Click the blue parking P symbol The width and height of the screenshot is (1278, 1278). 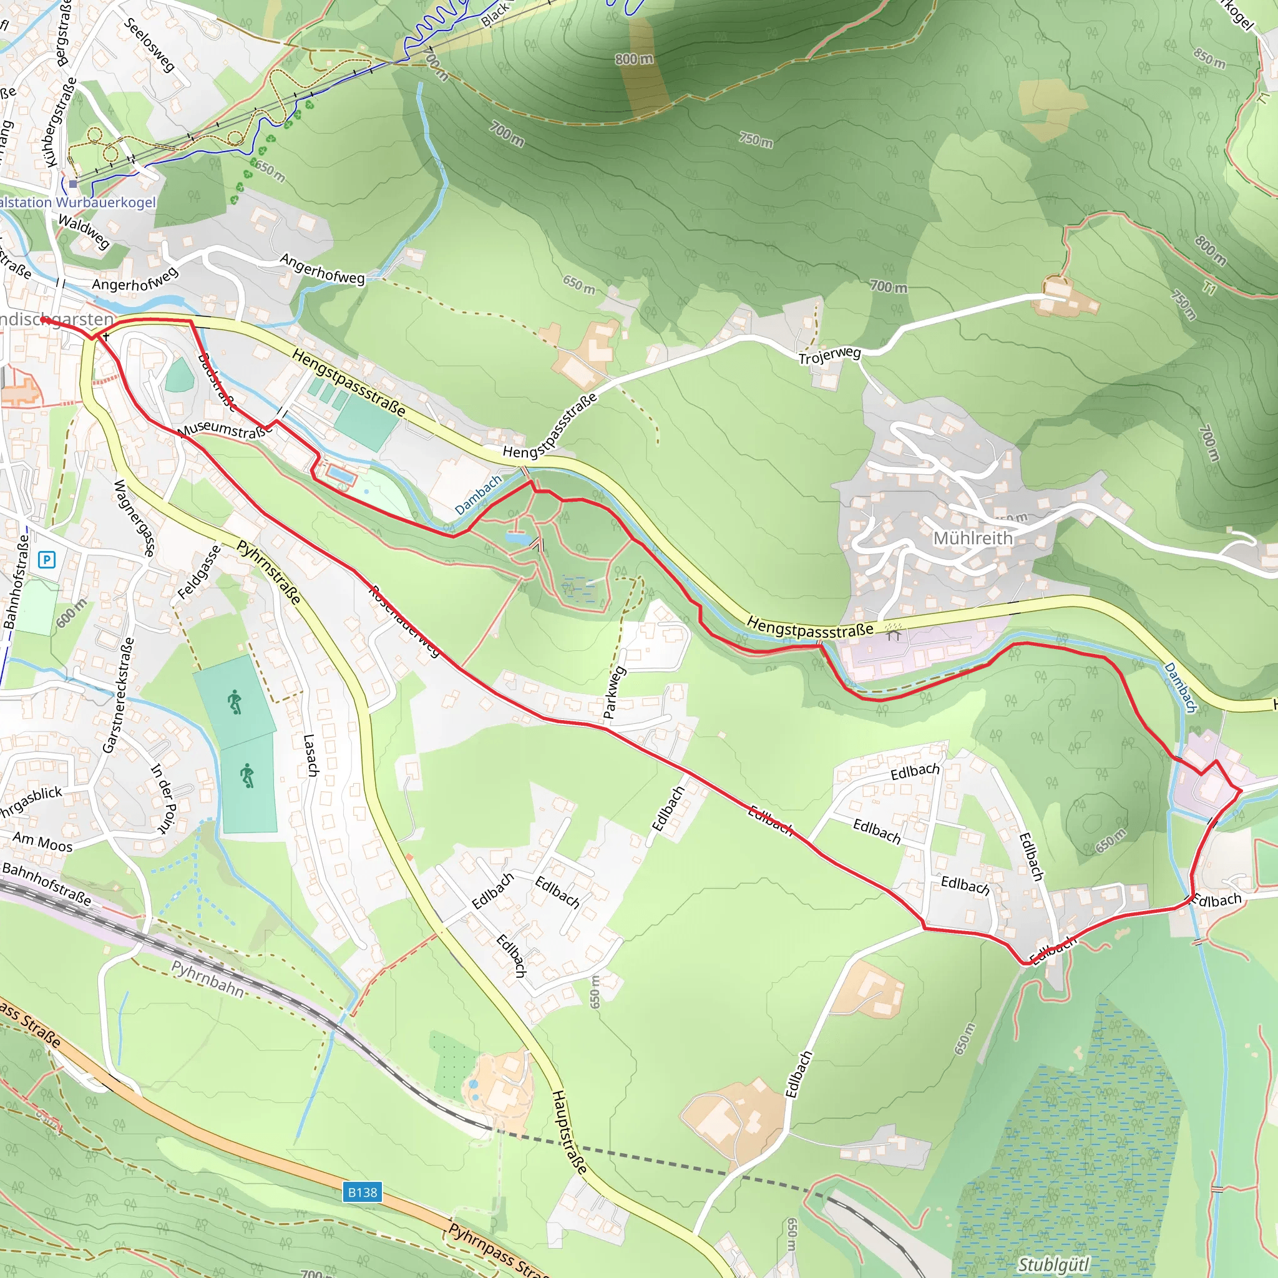pyautogui.click(x=46, y=560)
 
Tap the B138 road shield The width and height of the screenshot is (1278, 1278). pyautogui.click(x=363, y=1192)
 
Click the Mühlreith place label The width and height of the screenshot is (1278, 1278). pyautogui.click(x=972, y=539)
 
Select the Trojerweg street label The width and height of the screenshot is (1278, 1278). pyautogui.click(x=829, y=356)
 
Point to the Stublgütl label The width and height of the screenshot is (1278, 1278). pyautogui.click(x=1053, y=1264)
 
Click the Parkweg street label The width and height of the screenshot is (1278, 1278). pyautogui.click(x=613, y=693)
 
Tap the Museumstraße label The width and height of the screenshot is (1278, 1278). pyautogui.click(x=225, y=429)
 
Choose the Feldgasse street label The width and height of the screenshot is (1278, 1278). pyautogui.click(x=199, y=573)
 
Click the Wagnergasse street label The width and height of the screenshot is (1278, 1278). pyautogui.click(x=135, y=519)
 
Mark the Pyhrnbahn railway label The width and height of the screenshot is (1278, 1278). pyautogui.click(x=208, y=978)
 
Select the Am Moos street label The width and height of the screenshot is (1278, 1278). pyautogui.click(x=43, y=842)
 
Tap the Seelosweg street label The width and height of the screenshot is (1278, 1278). pyautogui.click(x=150, y=45)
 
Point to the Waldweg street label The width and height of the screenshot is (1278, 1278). pyautogui.click(x=84, y=231)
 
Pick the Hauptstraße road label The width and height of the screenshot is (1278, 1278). pyautogui.click(x=569, y=1133)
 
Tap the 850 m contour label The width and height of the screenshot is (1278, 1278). pyautogui.click(x=1209, y=58)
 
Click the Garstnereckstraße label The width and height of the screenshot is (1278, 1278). pyautogui.click(x=119, y=695)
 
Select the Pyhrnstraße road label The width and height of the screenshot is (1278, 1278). pyautogui.click(x=268, y=572)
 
